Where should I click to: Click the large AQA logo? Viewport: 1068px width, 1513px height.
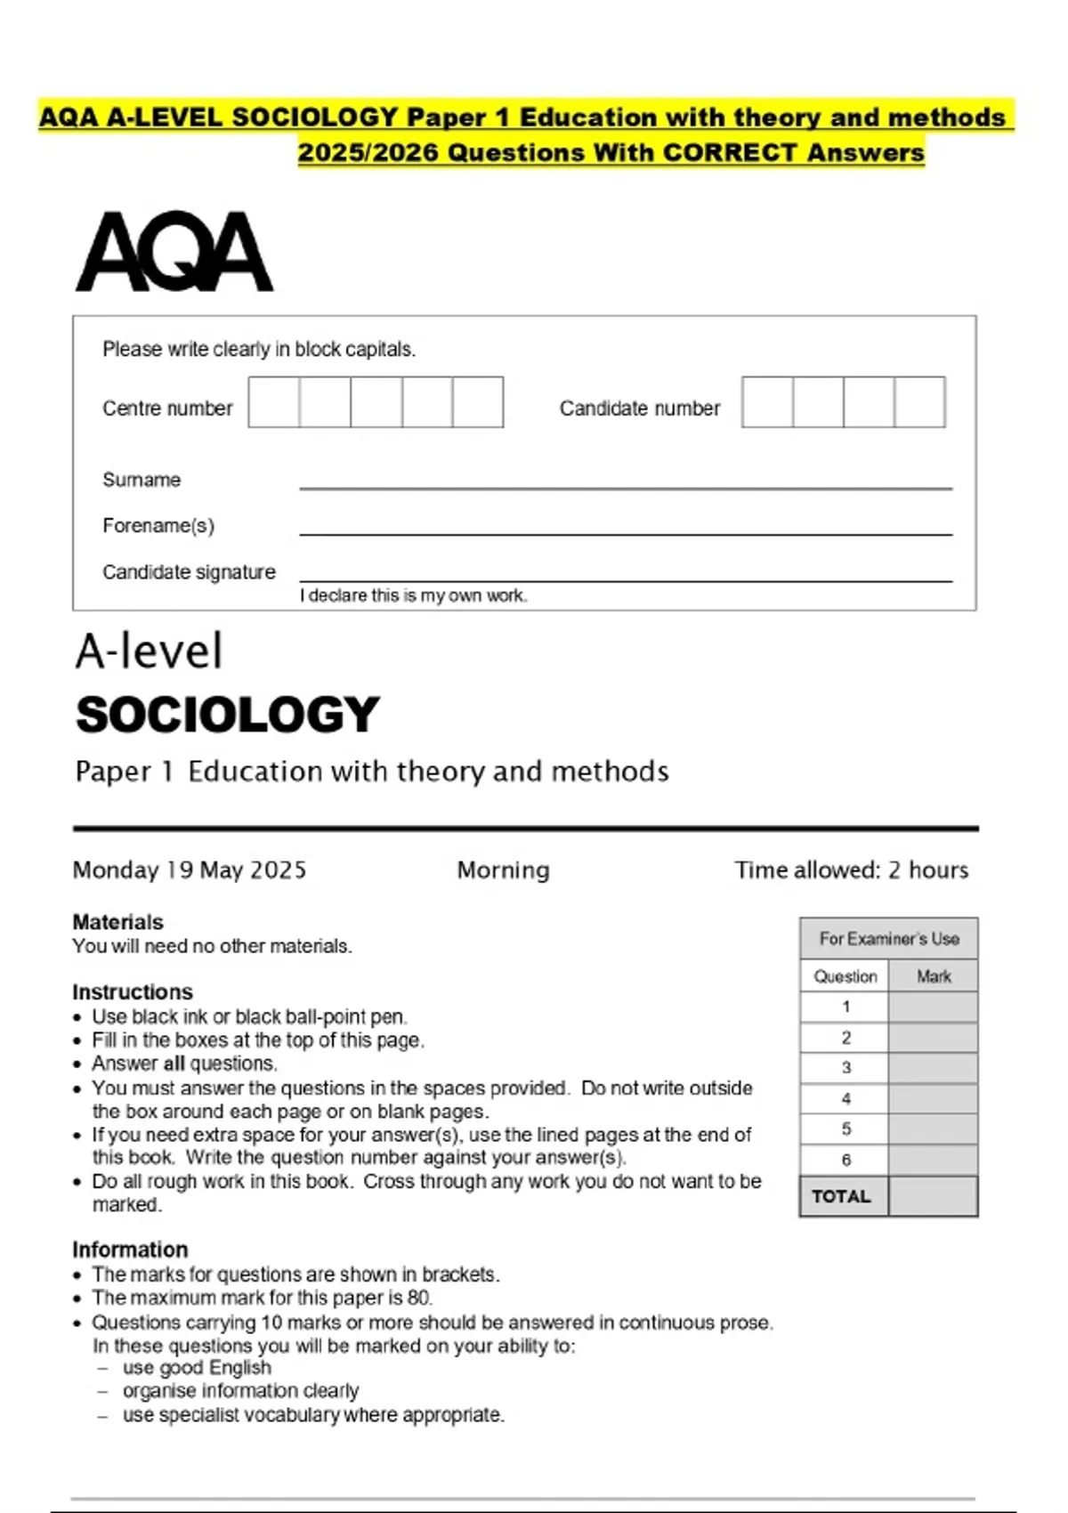coord(174,252)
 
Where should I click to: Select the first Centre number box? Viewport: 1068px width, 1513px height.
coord(274,402)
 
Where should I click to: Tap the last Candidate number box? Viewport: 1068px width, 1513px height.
coord(919,402)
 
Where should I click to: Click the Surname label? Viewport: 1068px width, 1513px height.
coord(142,480)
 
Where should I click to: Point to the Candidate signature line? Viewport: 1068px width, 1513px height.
coord(626,580)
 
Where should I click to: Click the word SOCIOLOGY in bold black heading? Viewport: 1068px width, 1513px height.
coord(228,715)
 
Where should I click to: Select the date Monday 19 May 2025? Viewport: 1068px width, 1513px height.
coord(190,870)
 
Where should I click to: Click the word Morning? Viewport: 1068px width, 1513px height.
coord(503,870)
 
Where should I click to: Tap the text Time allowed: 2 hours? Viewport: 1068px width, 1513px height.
coord(851,870)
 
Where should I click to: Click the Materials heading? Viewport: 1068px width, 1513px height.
coord(117,922)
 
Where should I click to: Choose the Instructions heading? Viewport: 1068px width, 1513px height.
coord(132,991)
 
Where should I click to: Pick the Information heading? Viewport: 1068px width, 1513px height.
coord(130,1250)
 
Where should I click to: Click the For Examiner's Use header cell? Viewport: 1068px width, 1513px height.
coord(888,939)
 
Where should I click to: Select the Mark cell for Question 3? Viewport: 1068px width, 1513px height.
coord(933,1068)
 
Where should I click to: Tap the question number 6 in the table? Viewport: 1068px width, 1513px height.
coord(845,1160)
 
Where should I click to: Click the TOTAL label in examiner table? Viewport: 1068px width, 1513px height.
coord(841,1196)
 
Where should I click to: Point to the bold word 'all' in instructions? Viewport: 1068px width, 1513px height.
coord(174,1064)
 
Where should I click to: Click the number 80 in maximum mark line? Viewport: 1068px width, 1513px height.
coord(418,1298)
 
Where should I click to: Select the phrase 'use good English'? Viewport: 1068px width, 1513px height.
coord(197,1368)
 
